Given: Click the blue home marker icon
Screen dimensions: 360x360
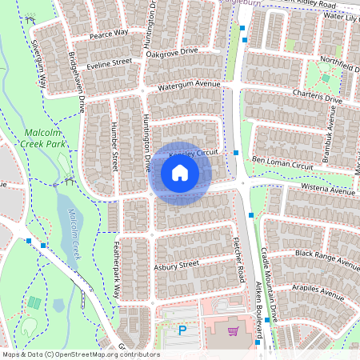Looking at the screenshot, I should click(x=180, y=173).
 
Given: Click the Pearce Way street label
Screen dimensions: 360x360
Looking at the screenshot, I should click(x=109, y=34).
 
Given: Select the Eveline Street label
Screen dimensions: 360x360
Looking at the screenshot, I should click(x=110, y=62).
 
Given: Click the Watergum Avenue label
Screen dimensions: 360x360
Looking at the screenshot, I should click(x=188, y=84).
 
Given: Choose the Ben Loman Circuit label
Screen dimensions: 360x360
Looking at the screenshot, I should click(x=282, y=164).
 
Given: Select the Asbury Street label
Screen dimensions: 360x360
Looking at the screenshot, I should click(x=177, y=264).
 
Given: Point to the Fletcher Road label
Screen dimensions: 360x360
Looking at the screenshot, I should click(x=239, y=264).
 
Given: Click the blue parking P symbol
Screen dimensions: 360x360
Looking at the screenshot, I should click(x=182, y=330).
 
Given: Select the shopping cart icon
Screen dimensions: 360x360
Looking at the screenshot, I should click(x=233, y=330).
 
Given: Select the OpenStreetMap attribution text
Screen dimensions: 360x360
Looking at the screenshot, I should click(x=81, y=354).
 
